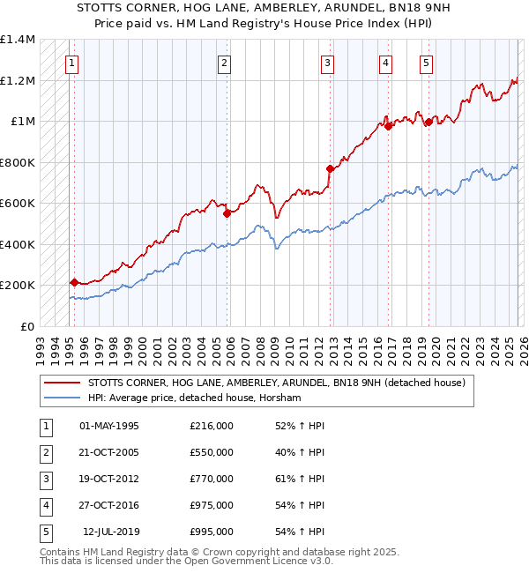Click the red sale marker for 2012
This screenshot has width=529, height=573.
point(330,168)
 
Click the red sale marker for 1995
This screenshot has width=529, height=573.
point(74,282)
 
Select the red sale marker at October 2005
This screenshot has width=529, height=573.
point(227,212)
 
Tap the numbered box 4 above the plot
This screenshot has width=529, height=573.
point(386,63)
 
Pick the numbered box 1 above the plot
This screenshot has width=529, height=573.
point(71,63)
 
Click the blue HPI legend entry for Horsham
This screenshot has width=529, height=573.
point(194,398)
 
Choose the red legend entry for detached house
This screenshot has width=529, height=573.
point(281,383)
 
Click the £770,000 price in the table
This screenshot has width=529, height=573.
point(211,479)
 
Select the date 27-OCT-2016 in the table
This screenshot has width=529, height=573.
point(108,505)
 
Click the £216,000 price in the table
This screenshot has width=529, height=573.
point(211,426)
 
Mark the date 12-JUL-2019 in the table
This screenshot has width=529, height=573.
point(110,532)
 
